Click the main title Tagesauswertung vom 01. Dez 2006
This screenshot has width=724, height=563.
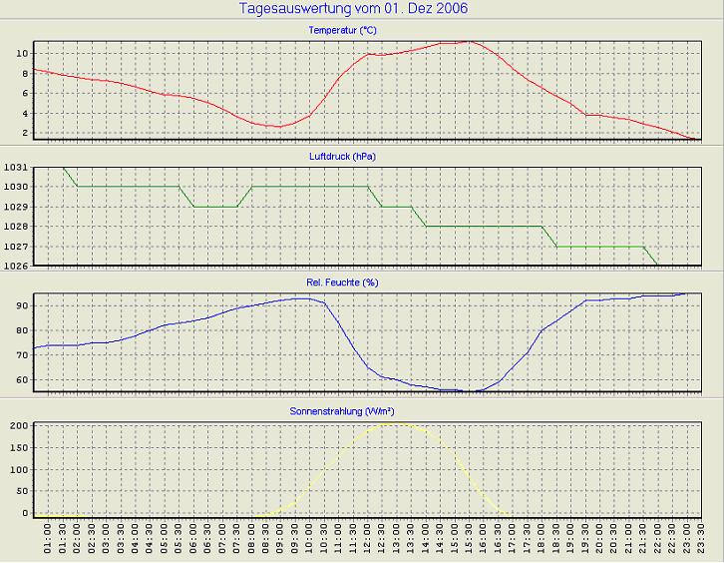(x=354, y=9)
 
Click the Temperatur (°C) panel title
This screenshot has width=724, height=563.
(x=343, y=30)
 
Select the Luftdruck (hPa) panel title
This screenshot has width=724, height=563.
(x=343, y=157)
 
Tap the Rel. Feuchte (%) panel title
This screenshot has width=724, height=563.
(x=343, y=282)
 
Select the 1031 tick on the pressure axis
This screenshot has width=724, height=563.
(x=15, y=168)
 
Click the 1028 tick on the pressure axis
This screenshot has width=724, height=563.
(x=15, y=227)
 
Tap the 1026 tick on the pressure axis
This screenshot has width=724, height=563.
(x=15, y=267)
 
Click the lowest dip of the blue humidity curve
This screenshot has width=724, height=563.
(x=477, y=391)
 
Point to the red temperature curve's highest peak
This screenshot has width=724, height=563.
(x=470, y=41)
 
